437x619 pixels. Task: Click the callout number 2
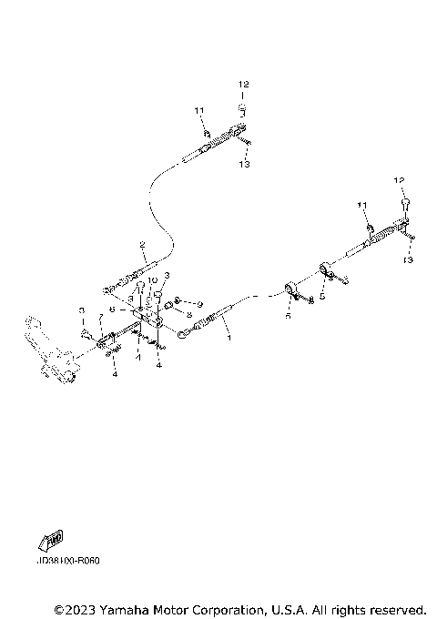[x=143, y=244]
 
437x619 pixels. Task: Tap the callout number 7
[x=101, y=317]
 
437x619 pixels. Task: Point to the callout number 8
[x=188, y=315]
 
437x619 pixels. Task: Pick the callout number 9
[x=199, y=302]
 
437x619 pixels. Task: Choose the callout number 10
[x=154, y=280]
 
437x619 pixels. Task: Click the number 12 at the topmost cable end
[x=243, y=84]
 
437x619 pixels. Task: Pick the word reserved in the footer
[x=397, y=608]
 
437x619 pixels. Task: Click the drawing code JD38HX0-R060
[x=69, y=561]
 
